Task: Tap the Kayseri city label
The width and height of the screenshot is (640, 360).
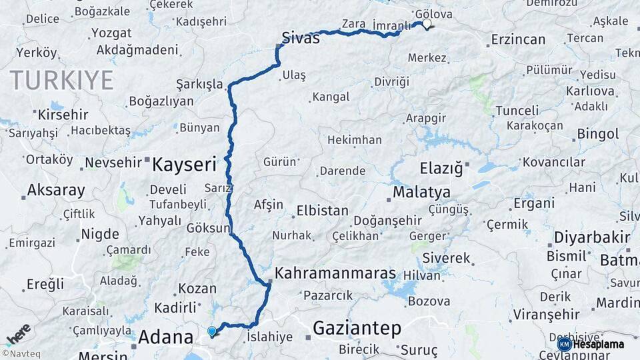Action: pos(185,164)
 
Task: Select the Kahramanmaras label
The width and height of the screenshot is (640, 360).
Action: pos(335,273)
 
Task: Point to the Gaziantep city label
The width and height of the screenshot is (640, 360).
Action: pos(357,328)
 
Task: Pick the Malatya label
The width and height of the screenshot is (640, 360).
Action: pos(421,193)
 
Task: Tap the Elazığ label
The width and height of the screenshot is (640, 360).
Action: pos(441,168)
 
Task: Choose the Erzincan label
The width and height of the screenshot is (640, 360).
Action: pos(518,40)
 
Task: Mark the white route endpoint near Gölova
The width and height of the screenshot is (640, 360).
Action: pos(426,25)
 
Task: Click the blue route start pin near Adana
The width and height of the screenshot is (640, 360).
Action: pos(212,331)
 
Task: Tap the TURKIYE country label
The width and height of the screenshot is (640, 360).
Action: pos(61,80)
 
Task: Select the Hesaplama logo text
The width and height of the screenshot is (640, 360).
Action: pos(599,344)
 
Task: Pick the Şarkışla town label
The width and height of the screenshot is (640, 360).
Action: pos(199,84)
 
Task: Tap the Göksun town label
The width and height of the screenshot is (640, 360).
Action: pos(207,227)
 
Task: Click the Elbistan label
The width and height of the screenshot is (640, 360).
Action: pos(323,211)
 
